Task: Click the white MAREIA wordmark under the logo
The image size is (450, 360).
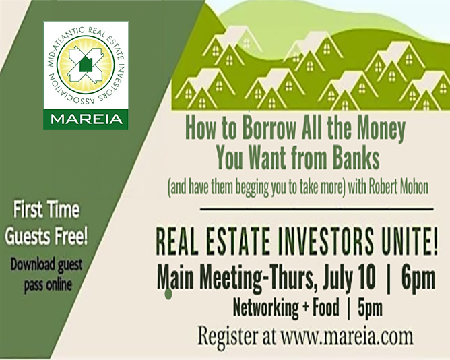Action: pyautogui.click(x=86, y=119)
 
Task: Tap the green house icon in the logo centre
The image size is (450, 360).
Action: pyautogui.click(x=85, y=64)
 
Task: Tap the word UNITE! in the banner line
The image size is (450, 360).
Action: pyautogui.click(x=408, y=243)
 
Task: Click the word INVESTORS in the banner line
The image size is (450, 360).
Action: pyautogui.click(x=323, y=243)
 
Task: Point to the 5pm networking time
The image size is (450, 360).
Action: pyautogui.click(x=370, y=308)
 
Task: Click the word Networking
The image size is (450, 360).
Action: pyautogui.click(x=265, y=308)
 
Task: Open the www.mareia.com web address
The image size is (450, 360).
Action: pyautogui.click(x=347, y=336)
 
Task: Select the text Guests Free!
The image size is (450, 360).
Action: pyautogui.click(x=46, y=237)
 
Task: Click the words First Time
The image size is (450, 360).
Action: pyautogui.click(x=46, y=210)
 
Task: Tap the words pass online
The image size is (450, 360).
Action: pyautogui.click(x=48, y=284)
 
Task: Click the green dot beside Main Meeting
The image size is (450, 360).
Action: pyautogui.click(x=168, y=294)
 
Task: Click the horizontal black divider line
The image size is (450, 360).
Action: pyautogui.click(x=316, y=209)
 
